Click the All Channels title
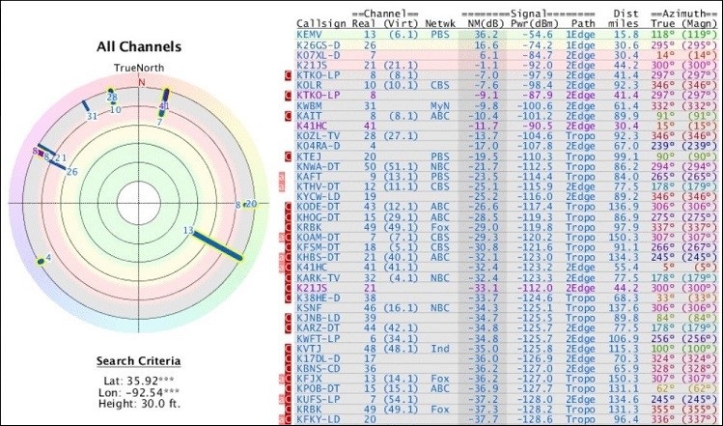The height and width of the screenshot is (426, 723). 139,45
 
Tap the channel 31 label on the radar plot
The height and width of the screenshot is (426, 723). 92,116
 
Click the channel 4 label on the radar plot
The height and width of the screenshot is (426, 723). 48,258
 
